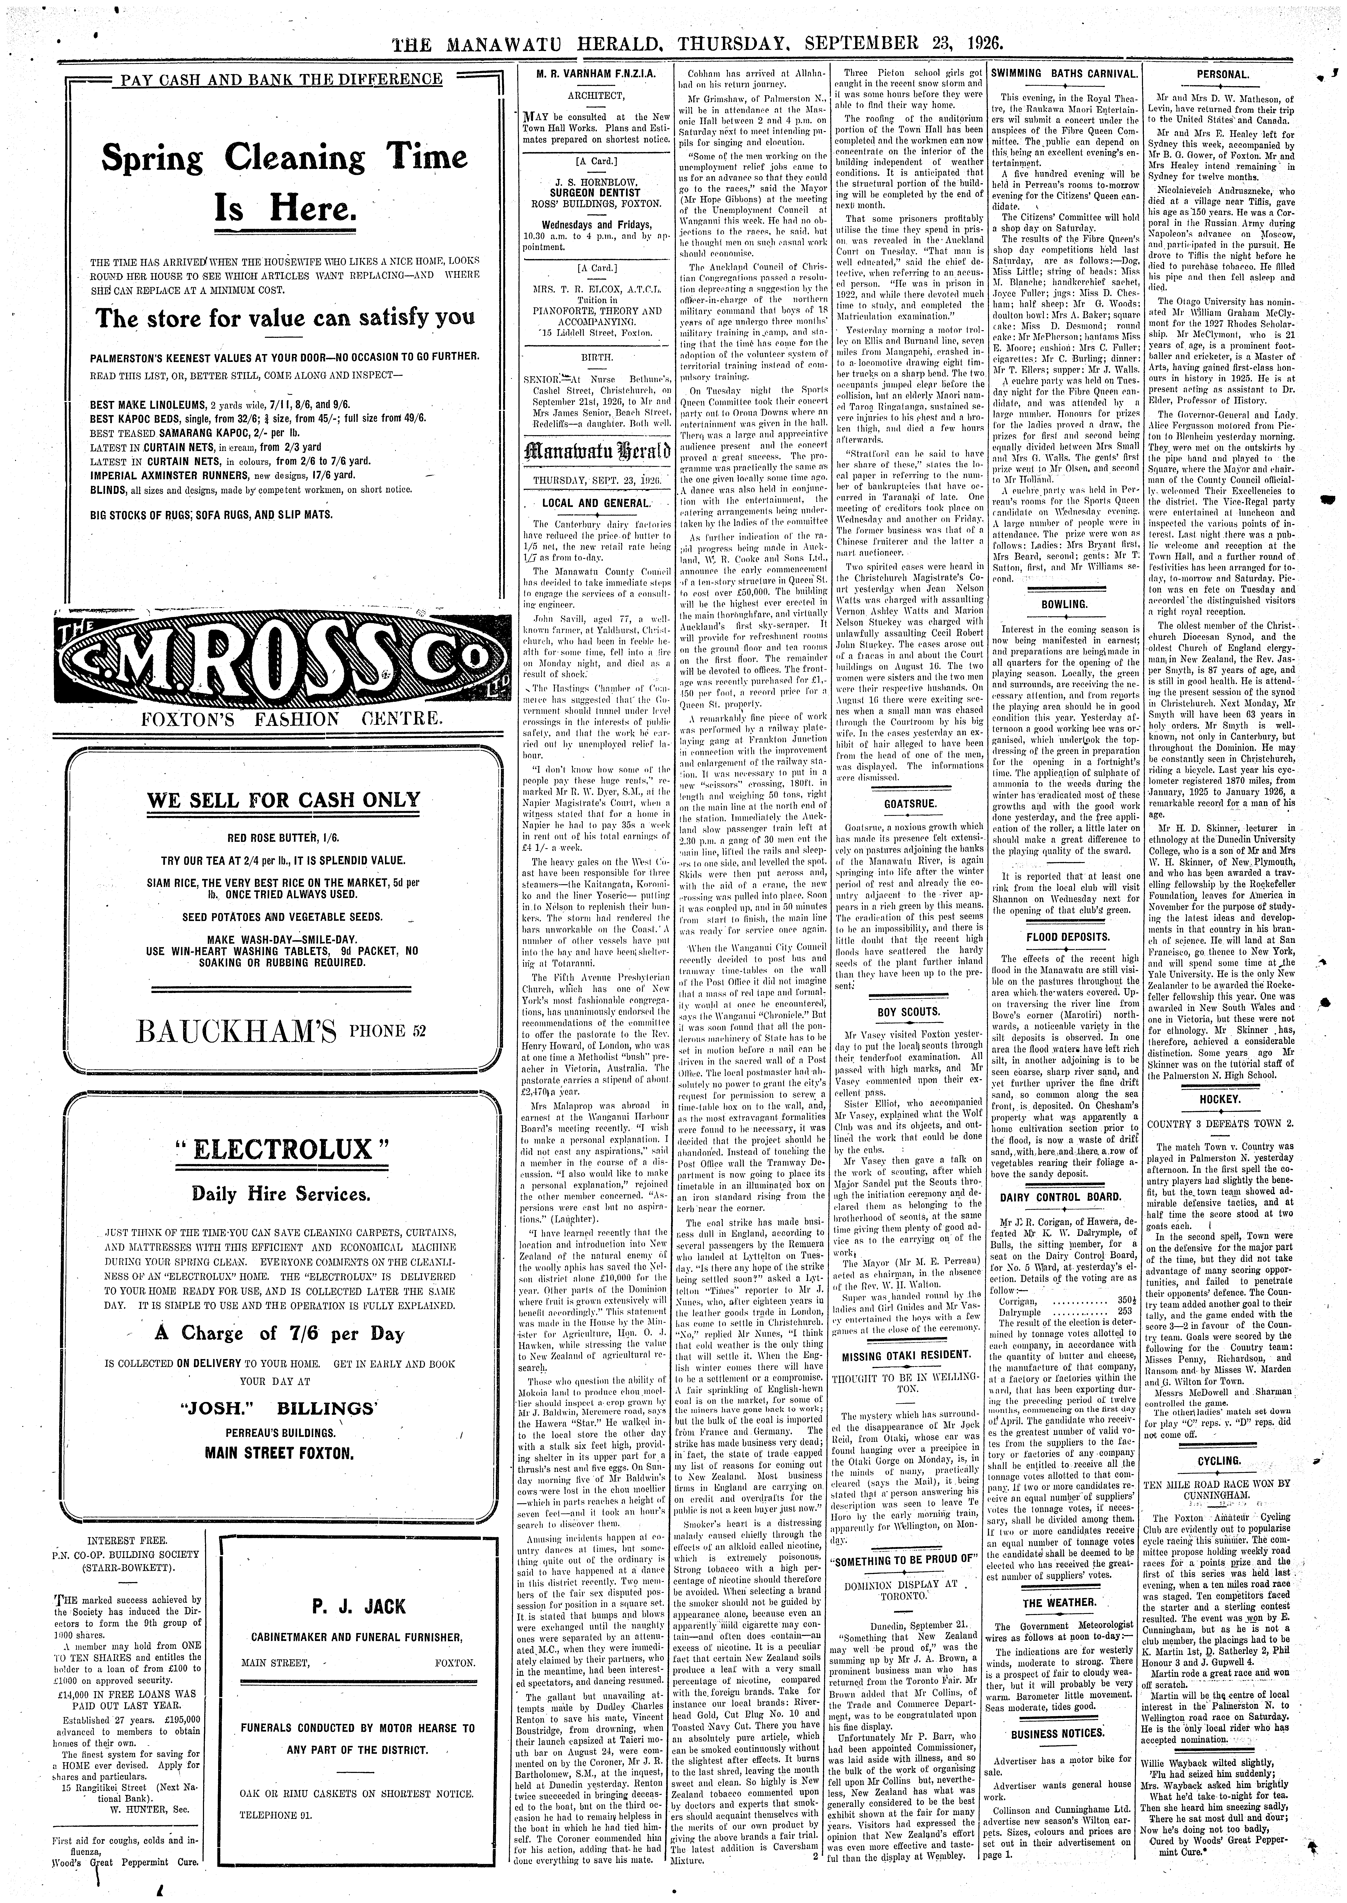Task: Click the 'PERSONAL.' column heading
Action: pyautogui.click(x=1223, y=74)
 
